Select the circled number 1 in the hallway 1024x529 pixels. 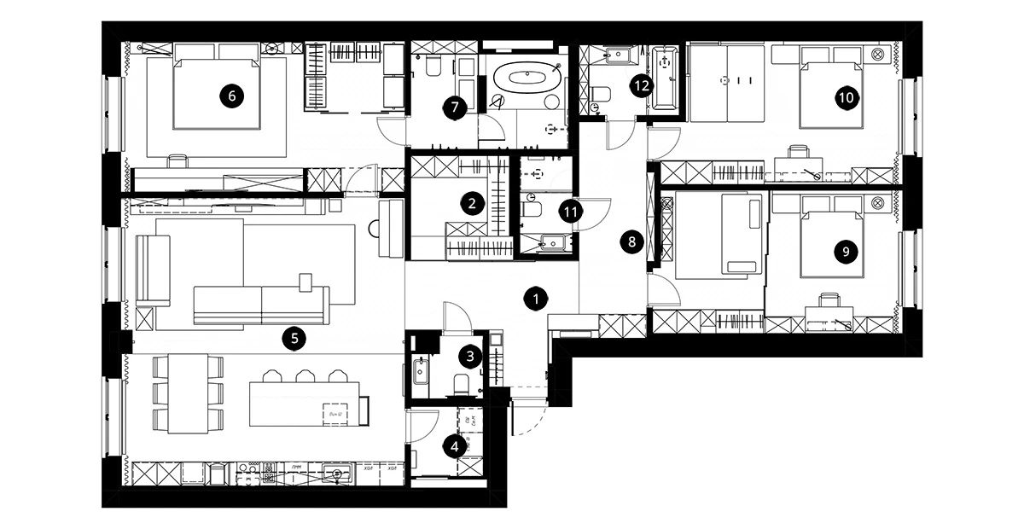535,299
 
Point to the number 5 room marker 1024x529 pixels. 294,339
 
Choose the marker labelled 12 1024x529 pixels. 641,84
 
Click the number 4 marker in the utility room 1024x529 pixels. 455,445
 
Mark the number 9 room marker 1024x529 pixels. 845,251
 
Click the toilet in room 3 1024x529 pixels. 462,383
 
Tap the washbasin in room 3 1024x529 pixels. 422,371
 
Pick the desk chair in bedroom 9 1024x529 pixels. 828,299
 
